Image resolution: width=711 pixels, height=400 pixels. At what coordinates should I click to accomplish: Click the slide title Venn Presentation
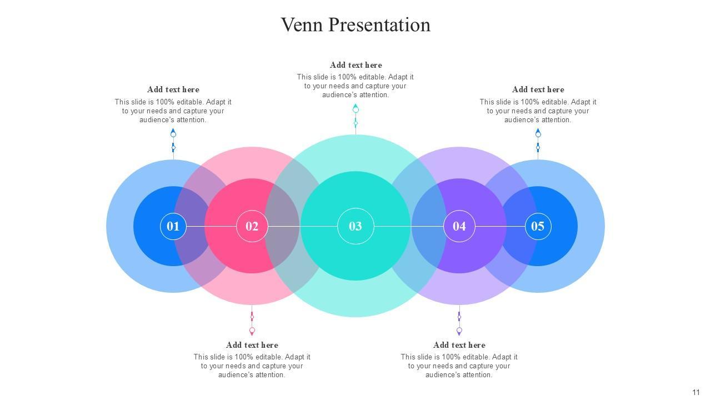coord(355,25)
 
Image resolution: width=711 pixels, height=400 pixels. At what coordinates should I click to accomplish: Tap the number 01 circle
coord(173,226)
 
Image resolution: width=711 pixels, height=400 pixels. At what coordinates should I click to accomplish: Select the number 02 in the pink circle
coord(252,226)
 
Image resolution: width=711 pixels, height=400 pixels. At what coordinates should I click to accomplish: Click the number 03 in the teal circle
coord(355,226)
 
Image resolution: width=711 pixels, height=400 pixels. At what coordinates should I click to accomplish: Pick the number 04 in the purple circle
coord(459,226)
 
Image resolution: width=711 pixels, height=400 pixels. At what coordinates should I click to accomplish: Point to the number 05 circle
coord(538,226)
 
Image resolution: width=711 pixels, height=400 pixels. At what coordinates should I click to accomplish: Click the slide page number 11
coord(696,392)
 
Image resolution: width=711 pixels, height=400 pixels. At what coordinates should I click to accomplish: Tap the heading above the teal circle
coord(355,65)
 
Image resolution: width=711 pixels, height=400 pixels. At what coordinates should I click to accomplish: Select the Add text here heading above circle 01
coord(173,89)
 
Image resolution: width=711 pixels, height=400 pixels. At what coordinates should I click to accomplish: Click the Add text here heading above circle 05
coord(538,89)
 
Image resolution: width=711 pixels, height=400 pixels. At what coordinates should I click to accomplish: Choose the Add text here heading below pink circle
coord(252,345)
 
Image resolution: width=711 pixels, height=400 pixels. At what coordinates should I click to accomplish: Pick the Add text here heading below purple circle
coord(459,345)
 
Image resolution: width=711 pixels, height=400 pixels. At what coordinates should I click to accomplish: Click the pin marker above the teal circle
coord(355,109)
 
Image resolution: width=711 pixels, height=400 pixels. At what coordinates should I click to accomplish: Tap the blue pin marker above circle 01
coord(173,134)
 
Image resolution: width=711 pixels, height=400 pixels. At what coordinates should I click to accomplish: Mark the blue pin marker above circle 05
coord(538,134)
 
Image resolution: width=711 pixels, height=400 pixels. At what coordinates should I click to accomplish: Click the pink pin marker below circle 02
coord(252,331)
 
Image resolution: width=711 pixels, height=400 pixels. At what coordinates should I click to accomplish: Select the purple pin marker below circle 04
coord(459,331)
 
